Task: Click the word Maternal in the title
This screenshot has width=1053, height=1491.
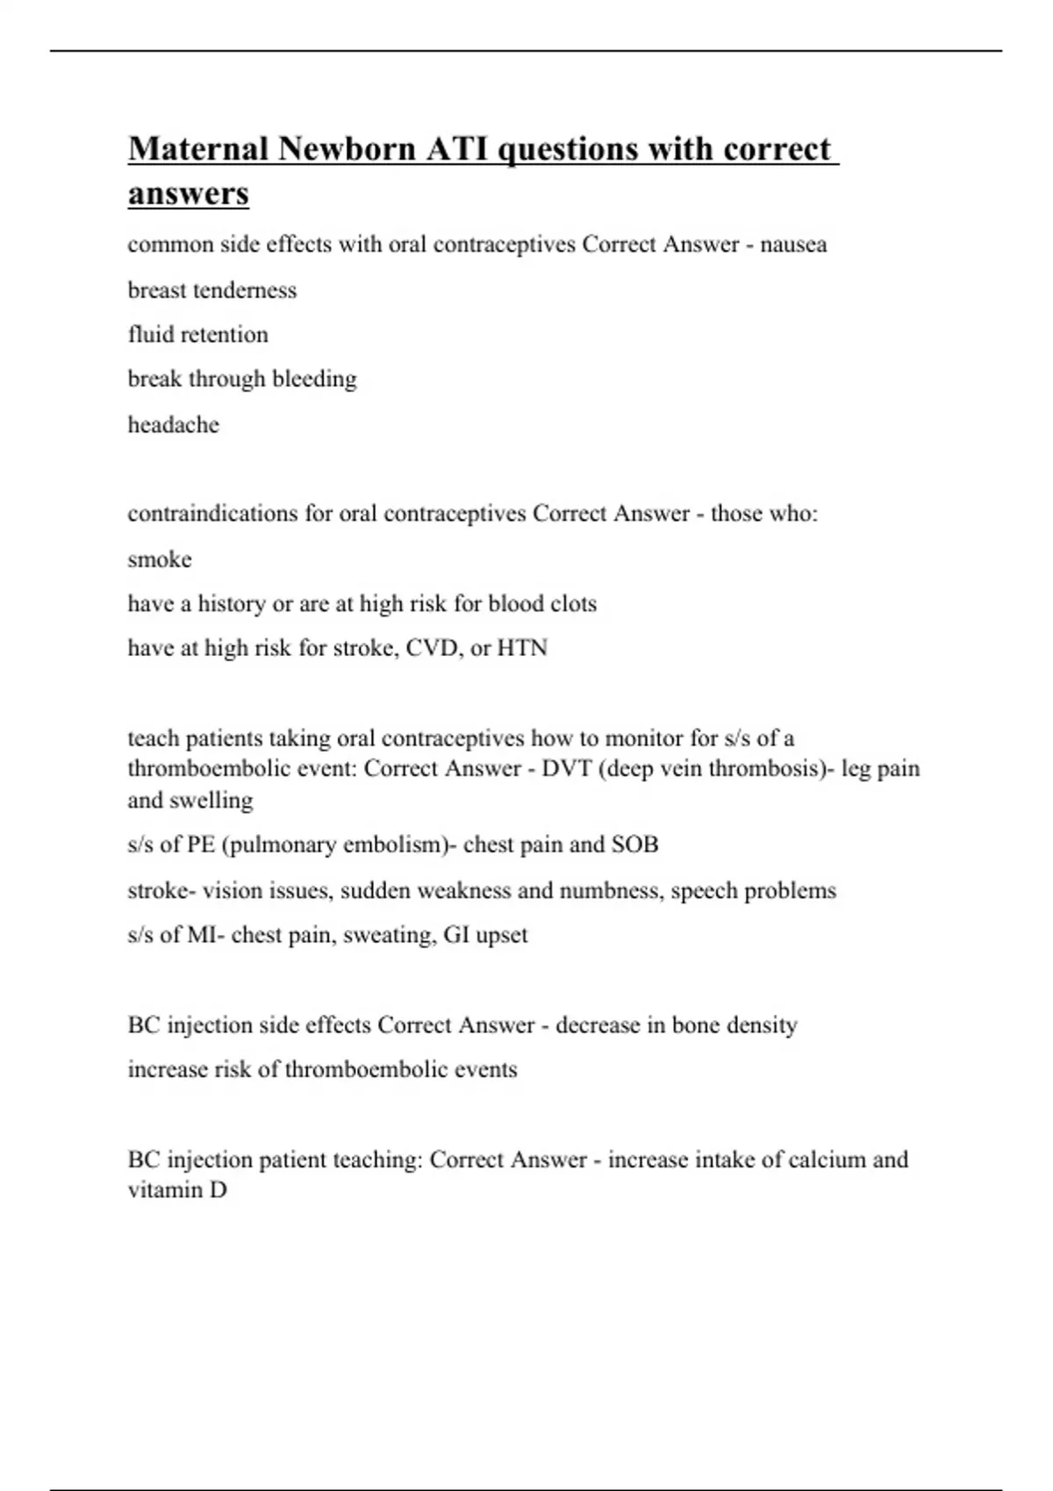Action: point(198,149)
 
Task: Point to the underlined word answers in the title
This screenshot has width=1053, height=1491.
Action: point(189,193)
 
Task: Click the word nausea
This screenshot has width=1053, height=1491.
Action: point(793,245)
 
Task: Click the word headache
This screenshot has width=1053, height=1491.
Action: point(174,424)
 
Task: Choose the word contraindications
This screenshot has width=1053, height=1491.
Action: point(213,513)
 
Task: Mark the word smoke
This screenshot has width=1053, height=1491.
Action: point(160,560)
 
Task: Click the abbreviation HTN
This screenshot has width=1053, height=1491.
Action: point(522,648)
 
